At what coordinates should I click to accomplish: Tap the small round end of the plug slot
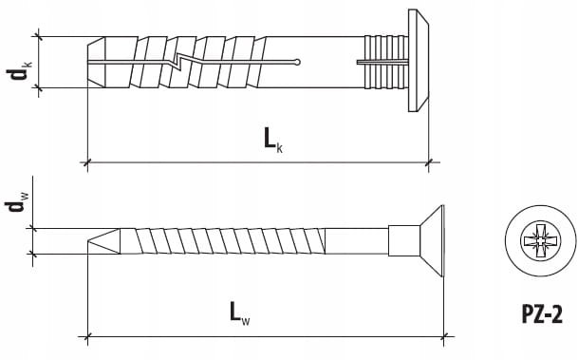tap(299, 64)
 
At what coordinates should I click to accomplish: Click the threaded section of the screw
tap(218, 241)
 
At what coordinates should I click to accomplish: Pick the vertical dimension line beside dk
tap(39, 63)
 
